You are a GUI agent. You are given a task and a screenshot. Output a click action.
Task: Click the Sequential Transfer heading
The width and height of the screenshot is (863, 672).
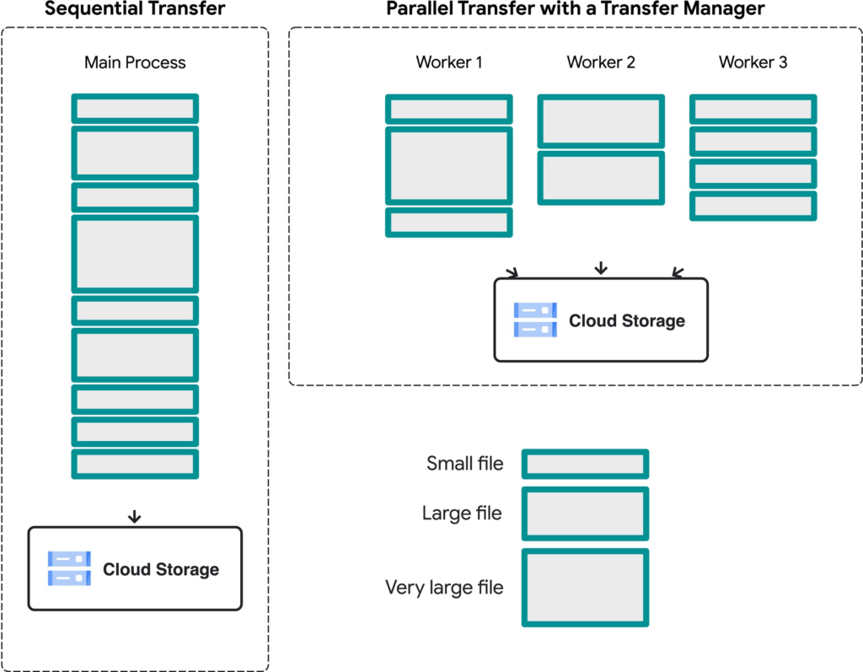(135, 9)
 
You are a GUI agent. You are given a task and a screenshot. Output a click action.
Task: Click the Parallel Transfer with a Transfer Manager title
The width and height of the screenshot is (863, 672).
(575, 9)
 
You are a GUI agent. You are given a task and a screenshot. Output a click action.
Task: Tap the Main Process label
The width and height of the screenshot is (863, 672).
(135, 62)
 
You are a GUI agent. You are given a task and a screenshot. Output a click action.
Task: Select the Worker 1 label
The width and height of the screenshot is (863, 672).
(449, 62)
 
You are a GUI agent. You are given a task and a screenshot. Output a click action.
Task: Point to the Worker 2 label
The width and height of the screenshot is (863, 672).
(601, 62)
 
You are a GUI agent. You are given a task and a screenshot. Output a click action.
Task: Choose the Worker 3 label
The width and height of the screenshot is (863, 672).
(753, 62)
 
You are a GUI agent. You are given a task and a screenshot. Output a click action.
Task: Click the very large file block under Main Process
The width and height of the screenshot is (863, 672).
(135, 254)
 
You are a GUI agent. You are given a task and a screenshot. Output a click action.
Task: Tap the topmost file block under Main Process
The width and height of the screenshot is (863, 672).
(135, 109)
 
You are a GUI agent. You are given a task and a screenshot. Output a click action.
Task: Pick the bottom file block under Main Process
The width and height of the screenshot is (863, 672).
(135, 464)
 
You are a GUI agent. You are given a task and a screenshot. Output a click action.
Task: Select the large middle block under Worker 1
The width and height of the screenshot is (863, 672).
(449, 165)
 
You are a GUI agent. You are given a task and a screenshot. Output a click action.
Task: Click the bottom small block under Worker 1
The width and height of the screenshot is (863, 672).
(449, 222)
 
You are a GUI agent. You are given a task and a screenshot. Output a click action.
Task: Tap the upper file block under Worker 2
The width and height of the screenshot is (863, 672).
(601, 121)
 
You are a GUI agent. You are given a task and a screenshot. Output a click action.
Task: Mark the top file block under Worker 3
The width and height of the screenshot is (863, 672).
(753, 109)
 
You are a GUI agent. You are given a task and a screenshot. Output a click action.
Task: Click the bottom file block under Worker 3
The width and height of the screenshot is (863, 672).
(753, 206)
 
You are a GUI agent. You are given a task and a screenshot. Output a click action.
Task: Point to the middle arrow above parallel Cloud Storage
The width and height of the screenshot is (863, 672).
(600, 269)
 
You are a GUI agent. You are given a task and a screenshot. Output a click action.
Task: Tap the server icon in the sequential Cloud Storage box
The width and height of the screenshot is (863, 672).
(69, 568)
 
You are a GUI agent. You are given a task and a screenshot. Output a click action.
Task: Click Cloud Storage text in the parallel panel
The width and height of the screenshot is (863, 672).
(626, 320)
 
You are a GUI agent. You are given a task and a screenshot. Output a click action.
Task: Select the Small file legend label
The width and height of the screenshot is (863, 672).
(464, 463)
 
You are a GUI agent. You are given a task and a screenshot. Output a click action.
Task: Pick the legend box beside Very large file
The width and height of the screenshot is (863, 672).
(585, 587)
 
